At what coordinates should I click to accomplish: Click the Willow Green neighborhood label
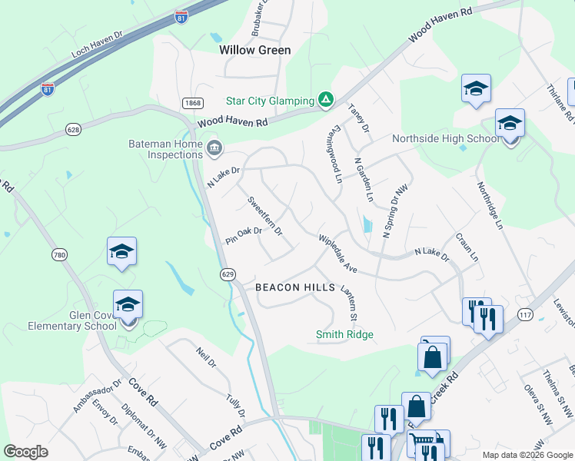click(x=255, y=50)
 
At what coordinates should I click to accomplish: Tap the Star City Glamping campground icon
click(x=326, y=100)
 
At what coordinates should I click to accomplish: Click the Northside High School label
click(x=446, y=139)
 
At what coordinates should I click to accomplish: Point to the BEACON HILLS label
click(x=295, y=287)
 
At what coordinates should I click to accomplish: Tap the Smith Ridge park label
click(x=345, y=334)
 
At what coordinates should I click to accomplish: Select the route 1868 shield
click(x=192, y=103)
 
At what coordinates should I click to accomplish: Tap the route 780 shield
click(x=60, y=254)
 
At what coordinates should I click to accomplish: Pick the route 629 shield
click(x=227, y=274)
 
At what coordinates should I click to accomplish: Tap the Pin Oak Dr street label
click(x=244, y=236)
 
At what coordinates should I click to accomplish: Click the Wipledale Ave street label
click(x=338, y=254)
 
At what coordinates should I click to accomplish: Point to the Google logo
click(x=26, y=452)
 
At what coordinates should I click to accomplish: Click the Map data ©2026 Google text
click(x=527, y=455)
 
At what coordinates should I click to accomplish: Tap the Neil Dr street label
click(x=205, y=357)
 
